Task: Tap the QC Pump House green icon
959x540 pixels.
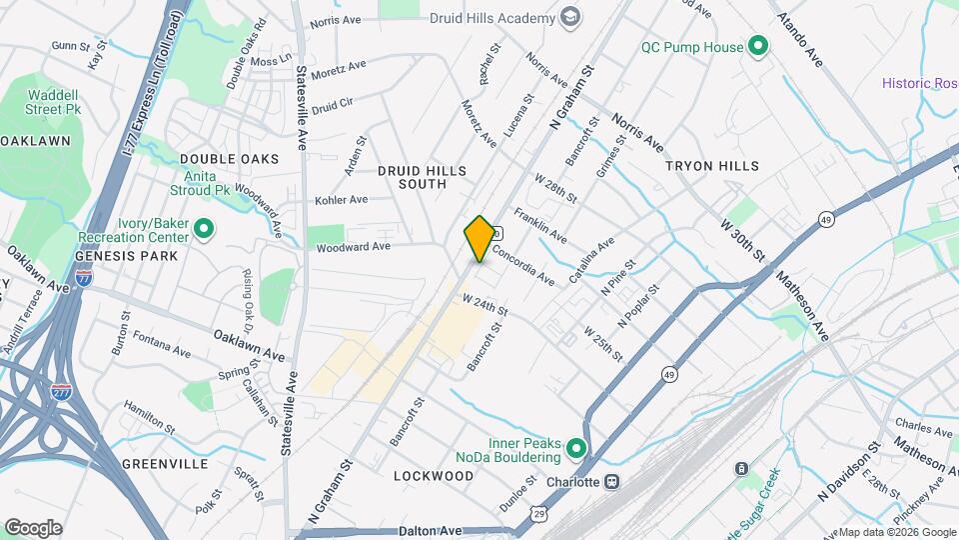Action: pos(757,47)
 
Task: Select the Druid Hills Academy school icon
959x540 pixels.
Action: pos(570,18)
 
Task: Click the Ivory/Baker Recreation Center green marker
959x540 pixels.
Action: pos(204,230)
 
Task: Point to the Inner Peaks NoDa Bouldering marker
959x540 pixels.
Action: pos(575,449)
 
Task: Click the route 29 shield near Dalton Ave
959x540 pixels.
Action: pos(539,514)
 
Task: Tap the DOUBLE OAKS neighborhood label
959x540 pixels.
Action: pos(229,160)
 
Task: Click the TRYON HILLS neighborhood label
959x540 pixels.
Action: pos(712,166)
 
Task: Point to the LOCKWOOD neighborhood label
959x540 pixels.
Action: pos(433,476)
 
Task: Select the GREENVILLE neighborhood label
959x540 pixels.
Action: pos(165,464)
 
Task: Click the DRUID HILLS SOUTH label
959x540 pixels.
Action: pos(422,177)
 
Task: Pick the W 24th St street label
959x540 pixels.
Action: pos(485,301)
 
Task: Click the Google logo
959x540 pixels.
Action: pos(33,528)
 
